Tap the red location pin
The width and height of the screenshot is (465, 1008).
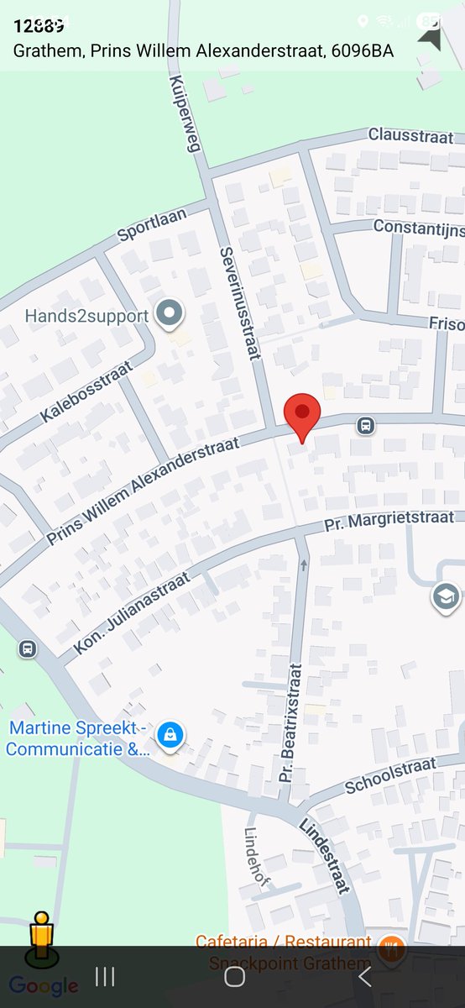click(302, 416)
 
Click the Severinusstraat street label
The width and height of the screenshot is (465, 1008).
click(238, 304)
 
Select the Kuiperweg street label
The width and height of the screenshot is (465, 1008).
click(186, 113)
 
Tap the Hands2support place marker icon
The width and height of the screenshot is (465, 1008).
click(171, 315)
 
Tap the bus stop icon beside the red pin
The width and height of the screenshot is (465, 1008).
click(366, 425)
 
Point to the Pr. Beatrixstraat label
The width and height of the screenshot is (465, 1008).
click(290, 722)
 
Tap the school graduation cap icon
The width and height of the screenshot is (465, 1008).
click(446, 598)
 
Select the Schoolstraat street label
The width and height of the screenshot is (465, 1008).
click(391, 774)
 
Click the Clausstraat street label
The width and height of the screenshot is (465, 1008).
click(410, 135)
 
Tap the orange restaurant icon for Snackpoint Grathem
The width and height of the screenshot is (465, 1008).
click(390, 950)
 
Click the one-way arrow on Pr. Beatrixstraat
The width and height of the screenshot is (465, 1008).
click(304, 564)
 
